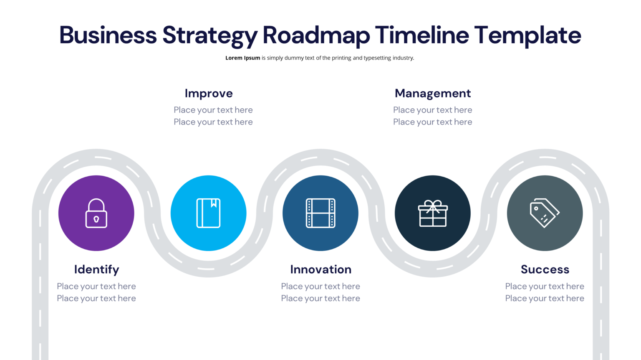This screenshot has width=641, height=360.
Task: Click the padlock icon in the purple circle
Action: tap(96, 213)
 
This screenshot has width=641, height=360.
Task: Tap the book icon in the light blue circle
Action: tap(209, 213)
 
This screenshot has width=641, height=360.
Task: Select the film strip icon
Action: tap(320, 213)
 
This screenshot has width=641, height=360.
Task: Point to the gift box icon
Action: tap(433, 213)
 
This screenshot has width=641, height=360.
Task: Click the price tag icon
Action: tap(545, 213)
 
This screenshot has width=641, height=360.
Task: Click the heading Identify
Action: tap(96, 270)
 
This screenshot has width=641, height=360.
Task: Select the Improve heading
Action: tap(209, 93)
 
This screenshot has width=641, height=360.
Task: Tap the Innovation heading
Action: tap(320, 270)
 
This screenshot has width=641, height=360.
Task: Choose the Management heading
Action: tap(433, 93)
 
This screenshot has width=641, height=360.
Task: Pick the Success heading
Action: tap(545, 270)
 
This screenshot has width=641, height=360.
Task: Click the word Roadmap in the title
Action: tap(316, 35)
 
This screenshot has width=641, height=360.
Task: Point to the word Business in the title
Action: tap(108, 35)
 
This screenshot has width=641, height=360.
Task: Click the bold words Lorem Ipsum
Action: tap(242, 58)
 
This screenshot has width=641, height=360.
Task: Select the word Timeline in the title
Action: tap(422, 35)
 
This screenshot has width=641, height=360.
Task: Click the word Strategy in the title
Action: tap(210, 35)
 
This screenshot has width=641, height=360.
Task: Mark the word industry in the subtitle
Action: tap(403, 58)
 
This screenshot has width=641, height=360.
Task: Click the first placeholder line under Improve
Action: tap(213, 110)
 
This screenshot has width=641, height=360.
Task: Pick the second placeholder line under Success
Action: tap(545, 298)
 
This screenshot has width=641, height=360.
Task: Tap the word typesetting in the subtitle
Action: tap(377, 58)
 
